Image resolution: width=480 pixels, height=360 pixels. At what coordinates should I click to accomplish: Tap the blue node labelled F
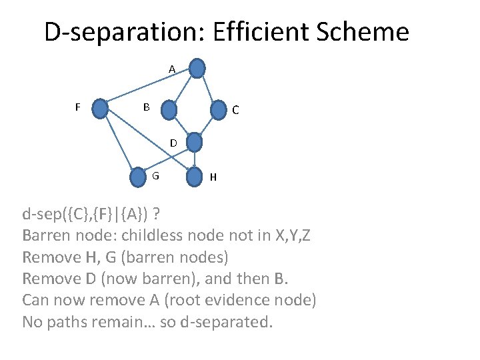coord(100,108)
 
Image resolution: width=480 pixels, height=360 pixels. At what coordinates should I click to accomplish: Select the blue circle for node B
coord(170,109)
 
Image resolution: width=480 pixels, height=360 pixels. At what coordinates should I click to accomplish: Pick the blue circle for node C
coord(218,110)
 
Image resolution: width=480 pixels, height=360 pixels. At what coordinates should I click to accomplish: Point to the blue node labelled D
coord(193,142)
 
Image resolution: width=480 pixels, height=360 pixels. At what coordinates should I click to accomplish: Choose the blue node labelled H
coord(194,177)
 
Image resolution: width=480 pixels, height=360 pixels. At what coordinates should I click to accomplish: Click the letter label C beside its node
coord(236,111)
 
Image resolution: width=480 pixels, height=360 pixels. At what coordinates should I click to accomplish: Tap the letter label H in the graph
coord(213,177)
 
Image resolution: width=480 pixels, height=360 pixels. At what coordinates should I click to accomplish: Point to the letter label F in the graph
coord(78,107)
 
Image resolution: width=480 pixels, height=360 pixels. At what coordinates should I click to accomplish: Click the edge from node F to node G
coord(119,141)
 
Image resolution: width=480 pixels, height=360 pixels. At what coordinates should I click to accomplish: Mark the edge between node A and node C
coord(207,89)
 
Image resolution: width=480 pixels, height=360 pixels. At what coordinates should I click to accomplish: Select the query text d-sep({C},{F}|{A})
coord(86,215)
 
